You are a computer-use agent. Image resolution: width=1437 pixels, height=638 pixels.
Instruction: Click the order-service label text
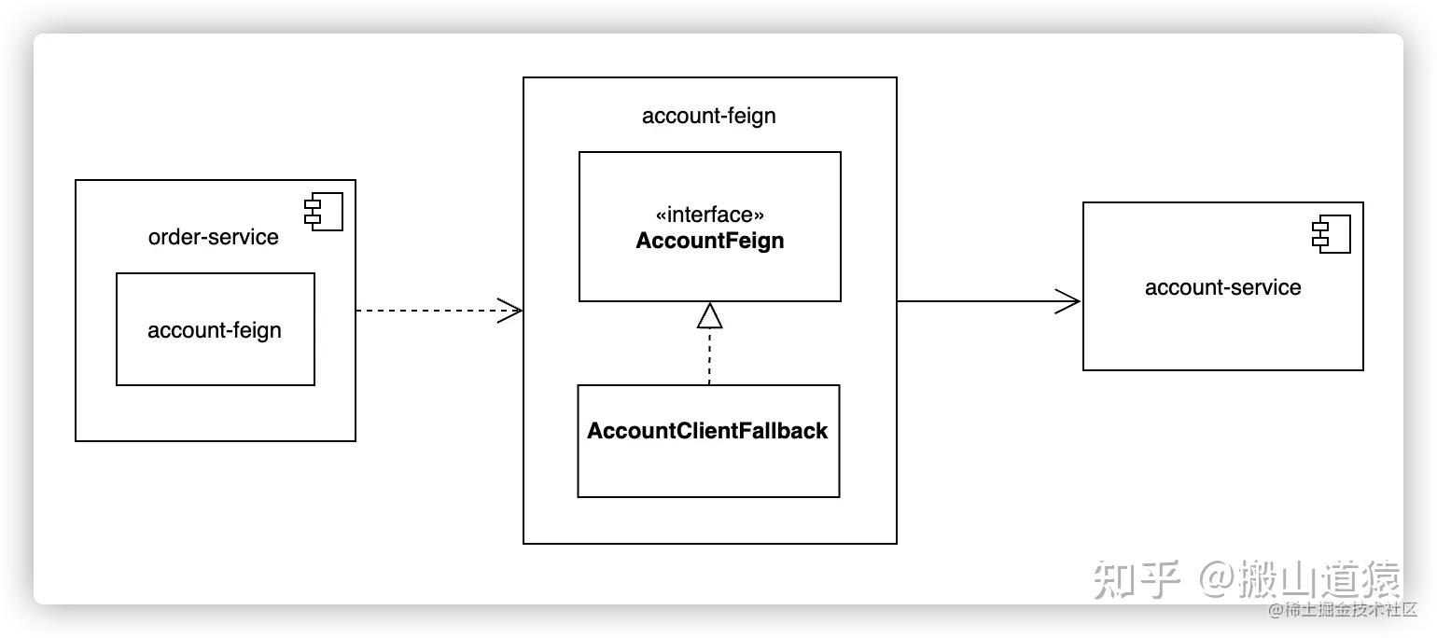(213, 237)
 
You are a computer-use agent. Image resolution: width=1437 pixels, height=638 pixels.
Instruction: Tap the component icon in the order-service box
(324, 213)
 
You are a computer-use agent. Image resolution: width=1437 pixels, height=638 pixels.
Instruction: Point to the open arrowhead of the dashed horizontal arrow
(510, 311)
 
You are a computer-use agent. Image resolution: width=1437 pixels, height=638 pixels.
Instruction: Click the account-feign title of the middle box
(708, 116)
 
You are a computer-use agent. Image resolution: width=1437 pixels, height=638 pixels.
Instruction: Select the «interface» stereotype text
(709, 215)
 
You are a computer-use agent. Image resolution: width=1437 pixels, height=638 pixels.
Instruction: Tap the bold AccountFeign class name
(709, 241)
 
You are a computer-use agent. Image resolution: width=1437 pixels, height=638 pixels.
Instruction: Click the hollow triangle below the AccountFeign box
(709, 317)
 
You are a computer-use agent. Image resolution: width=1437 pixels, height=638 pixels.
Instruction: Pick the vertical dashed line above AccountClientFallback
(709, 359)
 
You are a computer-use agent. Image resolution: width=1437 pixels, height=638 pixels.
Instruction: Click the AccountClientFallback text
(707, 431)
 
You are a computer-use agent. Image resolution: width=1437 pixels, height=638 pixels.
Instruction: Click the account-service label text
(1222, 287)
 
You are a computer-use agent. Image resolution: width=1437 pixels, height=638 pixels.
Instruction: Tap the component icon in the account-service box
(1332, 234)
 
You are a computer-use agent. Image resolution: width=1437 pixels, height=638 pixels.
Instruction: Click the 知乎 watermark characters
(1137, 579)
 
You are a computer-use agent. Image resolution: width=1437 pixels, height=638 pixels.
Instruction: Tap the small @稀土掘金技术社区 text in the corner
(1342, 611)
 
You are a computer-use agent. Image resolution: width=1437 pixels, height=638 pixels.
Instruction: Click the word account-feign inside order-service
(215, 330)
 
